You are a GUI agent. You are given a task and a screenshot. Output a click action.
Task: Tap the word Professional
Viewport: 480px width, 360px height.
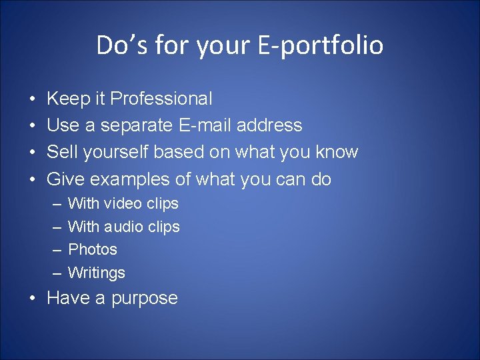[161, 99]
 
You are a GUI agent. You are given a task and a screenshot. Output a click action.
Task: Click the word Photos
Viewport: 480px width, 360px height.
[93, 249]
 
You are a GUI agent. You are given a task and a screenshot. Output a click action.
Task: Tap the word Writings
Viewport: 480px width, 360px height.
[97, 273]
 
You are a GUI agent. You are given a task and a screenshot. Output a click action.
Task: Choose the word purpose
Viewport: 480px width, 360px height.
[145, 298]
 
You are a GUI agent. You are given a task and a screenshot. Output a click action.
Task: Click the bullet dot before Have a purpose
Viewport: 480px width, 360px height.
[33, 298]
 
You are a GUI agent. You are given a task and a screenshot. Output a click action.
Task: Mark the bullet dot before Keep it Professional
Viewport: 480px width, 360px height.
[33, 99]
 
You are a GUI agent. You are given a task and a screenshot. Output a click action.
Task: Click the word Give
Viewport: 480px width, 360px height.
[65, 179]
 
